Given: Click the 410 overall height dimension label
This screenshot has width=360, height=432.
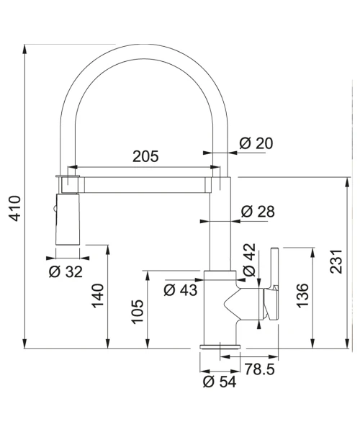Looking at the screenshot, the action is click(x=15, y=208).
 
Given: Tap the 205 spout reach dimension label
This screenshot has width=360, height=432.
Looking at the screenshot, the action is click(x=145, y=156).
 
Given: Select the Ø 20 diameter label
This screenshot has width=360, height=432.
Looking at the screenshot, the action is click(x=256, y=143).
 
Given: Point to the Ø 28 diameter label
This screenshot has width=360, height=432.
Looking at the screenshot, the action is click(x=258, y=212).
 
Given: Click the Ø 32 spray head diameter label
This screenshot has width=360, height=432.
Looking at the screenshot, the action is click(x=66, y=272).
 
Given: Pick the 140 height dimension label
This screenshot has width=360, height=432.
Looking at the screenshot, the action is click(x=98, y=296).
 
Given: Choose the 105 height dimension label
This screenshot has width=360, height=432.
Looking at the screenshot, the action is click(x=138, y=312).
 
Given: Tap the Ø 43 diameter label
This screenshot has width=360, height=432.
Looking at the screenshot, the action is click(x=181, y=290).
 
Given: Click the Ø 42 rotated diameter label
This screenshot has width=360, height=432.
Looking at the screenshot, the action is click(x=250, y=260).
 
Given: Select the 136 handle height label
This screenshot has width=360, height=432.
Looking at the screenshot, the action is click(x=302, y=295).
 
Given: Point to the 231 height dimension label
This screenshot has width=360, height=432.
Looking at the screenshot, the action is click(x=336, y=261).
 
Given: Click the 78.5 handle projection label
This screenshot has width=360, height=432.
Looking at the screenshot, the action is click(x=259, y=369).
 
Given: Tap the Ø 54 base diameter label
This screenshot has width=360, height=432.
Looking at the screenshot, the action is click(x=220, y=382).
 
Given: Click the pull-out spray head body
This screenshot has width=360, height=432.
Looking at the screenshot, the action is click(x=68, y=220).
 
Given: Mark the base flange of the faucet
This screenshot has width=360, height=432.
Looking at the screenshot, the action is click(x=220, y=346).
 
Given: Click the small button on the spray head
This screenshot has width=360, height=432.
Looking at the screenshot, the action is click(x=55, y=209).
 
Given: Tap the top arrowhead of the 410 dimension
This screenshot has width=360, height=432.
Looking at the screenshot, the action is click(x=25, y=49).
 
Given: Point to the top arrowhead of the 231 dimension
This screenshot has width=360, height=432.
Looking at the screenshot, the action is click(x=348, y=182).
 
